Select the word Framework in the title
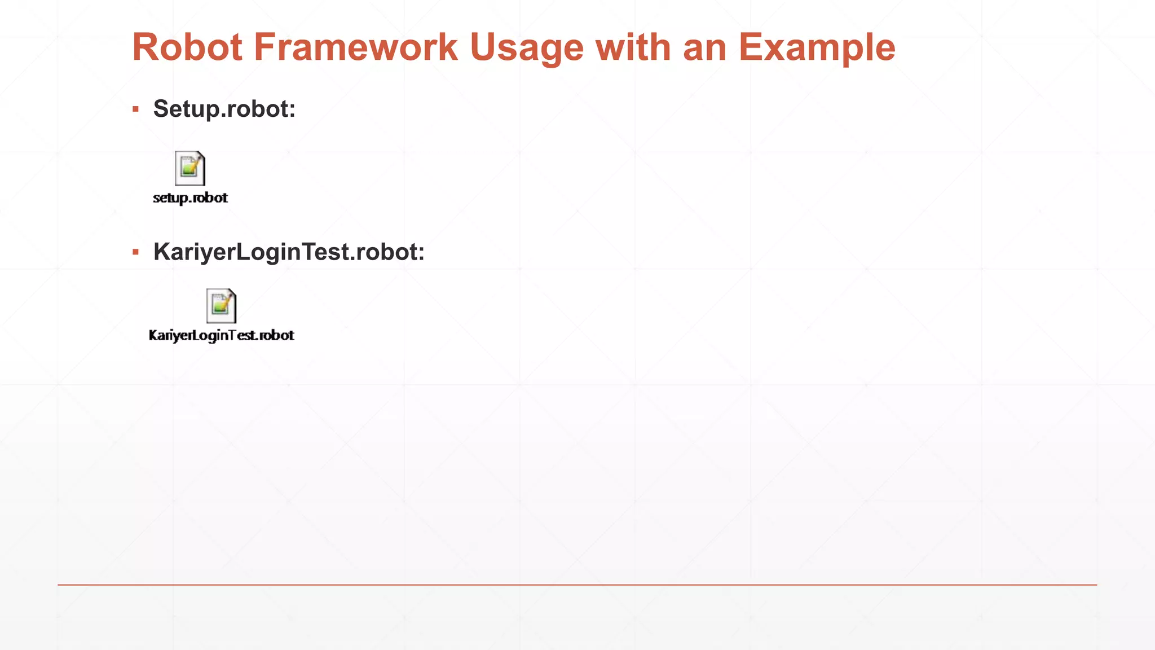(355, 47)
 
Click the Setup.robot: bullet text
(224, 109)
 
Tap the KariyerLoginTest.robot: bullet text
(288, 252)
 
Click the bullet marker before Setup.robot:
(135, 109)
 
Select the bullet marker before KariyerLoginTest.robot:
(135, 252)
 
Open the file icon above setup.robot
(190, 168)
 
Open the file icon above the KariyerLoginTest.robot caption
(221, 306)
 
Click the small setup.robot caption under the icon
(190, 198)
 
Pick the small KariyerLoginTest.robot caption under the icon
(221, 336)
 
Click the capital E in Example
(751, 47)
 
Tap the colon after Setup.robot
(292, 111)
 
